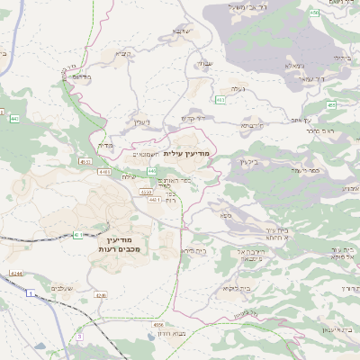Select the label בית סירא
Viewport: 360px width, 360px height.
click(194, 249)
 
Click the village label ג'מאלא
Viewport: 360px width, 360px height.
click(292, 66)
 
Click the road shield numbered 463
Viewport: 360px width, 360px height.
click(220, 100)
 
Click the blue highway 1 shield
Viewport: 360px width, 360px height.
click(30, 293)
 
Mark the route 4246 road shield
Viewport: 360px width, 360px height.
click(99, 294)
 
